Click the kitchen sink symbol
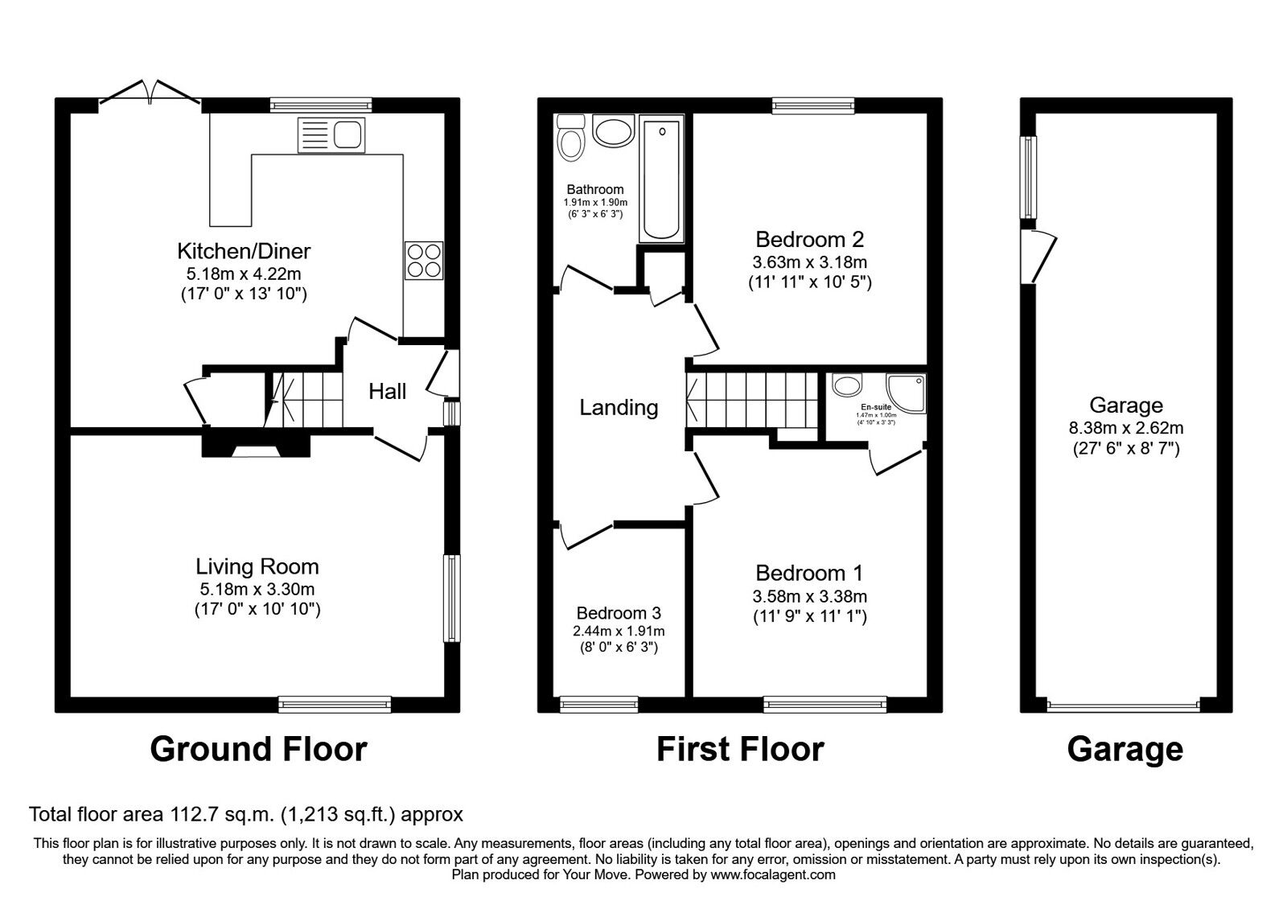(331, 134)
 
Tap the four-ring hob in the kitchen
(424, 261)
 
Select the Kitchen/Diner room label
(244, 251)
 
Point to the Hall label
(388, 392)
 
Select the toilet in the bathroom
(571, 138)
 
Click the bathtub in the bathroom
(661, 179)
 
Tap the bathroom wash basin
(614, 132)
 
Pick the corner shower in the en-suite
(907, 393)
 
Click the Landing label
(619, 408)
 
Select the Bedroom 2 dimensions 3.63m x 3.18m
(809, 262)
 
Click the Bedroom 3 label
(619, 614)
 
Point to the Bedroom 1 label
(809, 573)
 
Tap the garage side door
(1042, 256)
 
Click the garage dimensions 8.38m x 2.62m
(1126, 428)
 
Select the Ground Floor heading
(258, 749)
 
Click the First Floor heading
(740, 749)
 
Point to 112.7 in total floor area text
(184, 814)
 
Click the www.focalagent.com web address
(772, 874)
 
